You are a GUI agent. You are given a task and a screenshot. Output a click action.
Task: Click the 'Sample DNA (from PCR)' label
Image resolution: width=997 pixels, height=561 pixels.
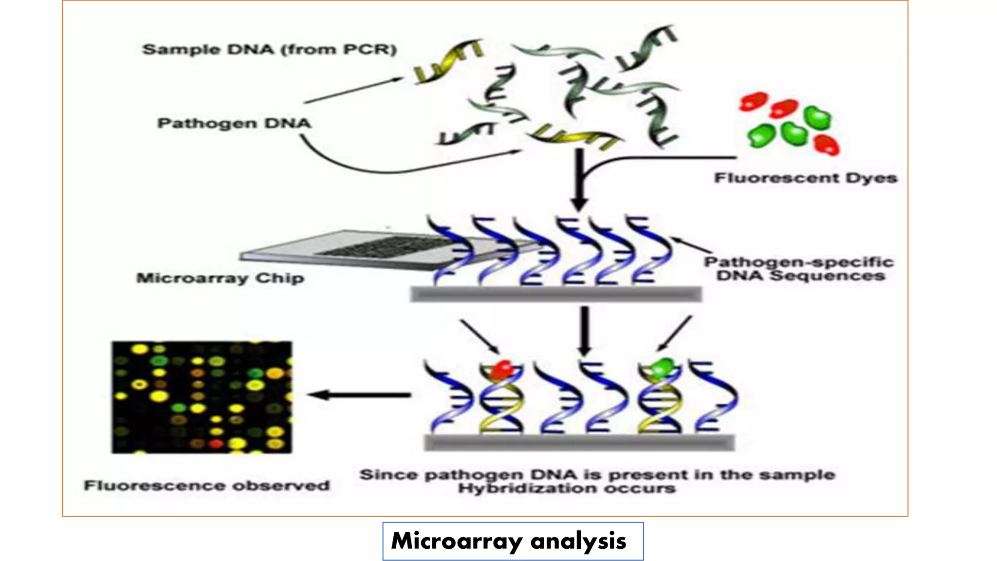(x=269, y=50)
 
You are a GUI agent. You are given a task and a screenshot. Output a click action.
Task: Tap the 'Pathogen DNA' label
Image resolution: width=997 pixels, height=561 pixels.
(x=234, y=123)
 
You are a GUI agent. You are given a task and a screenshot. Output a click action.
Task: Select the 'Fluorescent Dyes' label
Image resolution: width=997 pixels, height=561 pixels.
(x=805, y=178)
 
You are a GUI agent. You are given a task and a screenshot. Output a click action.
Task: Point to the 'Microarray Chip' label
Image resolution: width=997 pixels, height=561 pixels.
(x=220, y=278)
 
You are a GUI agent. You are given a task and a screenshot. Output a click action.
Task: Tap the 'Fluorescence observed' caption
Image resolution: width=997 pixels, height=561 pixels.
(x=207, y=486)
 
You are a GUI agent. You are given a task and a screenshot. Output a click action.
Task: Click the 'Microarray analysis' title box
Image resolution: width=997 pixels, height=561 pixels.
(x=513, y=541)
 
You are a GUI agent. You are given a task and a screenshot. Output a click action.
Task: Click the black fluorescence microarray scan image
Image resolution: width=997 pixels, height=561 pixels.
(x=202, y=397)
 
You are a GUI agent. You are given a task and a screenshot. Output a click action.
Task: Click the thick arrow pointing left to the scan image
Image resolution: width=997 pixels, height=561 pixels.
(x=360, y=395)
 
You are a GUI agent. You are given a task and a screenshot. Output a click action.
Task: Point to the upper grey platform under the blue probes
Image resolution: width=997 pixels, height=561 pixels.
(x=556, y=294)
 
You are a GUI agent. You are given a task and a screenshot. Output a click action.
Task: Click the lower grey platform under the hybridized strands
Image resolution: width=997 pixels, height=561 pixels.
(x=579, y=443)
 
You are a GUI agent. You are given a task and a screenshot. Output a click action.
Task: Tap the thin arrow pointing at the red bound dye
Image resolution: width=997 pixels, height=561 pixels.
(x=480, y=336)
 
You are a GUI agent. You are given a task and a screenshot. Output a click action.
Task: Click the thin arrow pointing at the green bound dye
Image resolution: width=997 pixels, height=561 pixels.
(x=674, y=334)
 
